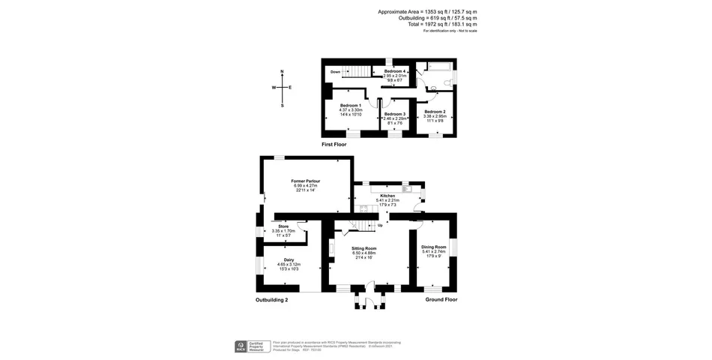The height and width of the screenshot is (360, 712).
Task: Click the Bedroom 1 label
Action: pos(350,105)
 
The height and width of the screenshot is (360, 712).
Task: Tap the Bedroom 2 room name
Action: pos(435,111)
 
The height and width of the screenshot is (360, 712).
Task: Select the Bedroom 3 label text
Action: pos(394,113)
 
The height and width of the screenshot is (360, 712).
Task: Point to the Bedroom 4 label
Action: pos(394,70)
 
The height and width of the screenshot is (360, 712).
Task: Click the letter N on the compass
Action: pos(282,72)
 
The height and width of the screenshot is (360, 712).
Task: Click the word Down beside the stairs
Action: pos(336,72)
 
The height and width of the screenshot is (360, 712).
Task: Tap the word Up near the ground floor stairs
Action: pos(380,225)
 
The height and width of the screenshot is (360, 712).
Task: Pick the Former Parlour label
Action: pos(306,181)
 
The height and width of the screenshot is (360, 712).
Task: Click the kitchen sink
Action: pos(405,184)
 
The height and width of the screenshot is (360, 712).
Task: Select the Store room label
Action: pos(283,226)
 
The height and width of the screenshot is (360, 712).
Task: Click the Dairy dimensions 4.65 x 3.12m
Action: pos(289,264)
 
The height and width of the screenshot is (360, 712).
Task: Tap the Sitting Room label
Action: pos(364,247)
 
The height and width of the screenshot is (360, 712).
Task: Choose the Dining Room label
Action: pos(433,247)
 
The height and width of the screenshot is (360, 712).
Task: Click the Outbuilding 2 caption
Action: pos(271,299)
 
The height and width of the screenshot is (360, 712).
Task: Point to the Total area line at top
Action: pos(442,24)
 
